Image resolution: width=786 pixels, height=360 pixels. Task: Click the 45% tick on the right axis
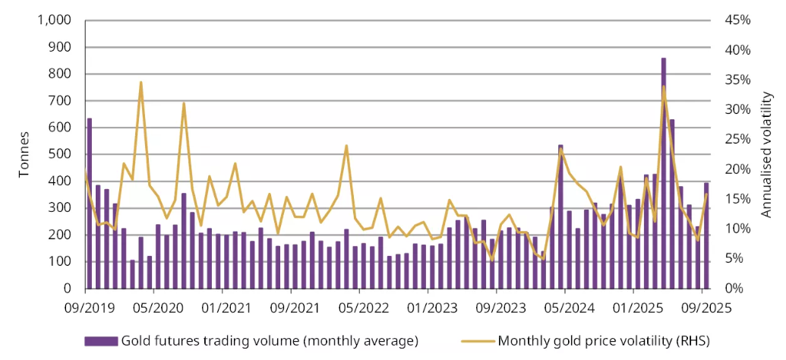click(737, 21)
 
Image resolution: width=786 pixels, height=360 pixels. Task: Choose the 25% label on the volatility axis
click(737, 139)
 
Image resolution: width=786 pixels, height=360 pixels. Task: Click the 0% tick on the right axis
click(734, 289)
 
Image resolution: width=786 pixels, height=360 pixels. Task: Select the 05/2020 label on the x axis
click(153, 309)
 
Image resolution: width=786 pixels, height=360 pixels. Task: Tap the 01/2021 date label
click(223, 309)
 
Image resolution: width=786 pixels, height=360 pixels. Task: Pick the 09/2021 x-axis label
click(291, 309)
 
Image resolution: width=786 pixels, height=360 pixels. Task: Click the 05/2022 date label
click(359, 309)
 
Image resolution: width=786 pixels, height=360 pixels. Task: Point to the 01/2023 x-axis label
click(428, 309)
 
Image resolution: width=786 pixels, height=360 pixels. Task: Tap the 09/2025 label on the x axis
click(702, 309)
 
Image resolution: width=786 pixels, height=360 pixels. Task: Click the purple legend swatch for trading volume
click(101, 339)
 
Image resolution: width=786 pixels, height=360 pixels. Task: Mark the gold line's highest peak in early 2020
click(140, 82)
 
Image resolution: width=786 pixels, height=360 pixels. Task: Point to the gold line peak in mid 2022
click(346, 145)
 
